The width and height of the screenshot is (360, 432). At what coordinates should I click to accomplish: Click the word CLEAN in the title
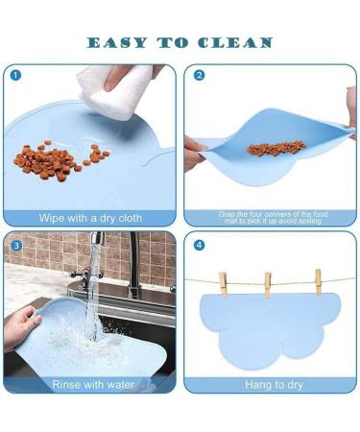pyautogui.click(x=235, y=43)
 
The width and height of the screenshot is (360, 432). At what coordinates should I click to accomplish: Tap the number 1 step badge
pyautogui.click(x=15, y=76)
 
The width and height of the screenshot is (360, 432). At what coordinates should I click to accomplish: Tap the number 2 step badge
pyautogui.click(x=200, y=76)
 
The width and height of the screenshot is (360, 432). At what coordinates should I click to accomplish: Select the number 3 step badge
pyautogui.click(x=16, y=246)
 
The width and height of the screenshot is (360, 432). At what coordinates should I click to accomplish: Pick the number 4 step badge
pyautogui.click(x=200, y=246)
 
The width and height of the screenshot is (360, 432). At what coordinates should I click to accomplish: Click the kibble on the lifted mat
pyautogui.click(x=276, y=148)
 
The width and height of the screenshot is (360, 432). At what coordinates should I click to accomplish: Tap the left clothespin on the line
pyautogui.click(x=223, y=284)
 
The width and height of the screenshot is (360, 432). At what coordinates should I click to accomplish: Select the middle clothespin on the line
pyautogui.click(x=268, y=285)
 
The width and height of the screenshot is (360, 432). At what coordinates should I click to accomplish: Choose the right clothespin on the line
pyautogui.click(x=318, y=281)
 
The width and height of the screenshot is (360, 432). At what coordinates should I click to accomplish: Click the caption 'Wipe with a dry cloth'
pyautogui.click(x=90, y=218)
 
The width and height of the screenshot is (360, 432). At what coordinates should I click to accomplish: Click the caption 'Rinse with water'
pyautogui.click(x=93, y=385)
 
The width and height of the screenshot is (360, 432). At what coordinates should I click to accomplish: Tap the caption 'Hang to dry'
pyautogui.click(x=274, y=385)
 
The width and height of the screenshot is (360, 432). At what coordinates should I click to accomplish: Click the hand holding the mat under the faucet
pyautogui.click(x=20, y=326)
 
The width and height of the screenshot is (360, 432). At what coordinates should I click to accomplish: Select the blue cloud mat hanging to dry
pyautogui.click(x=270, y=329)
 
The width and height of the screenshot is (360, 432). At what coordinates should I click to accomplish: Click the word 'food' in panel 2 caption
pyautogui.click(x=321, y=214)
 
